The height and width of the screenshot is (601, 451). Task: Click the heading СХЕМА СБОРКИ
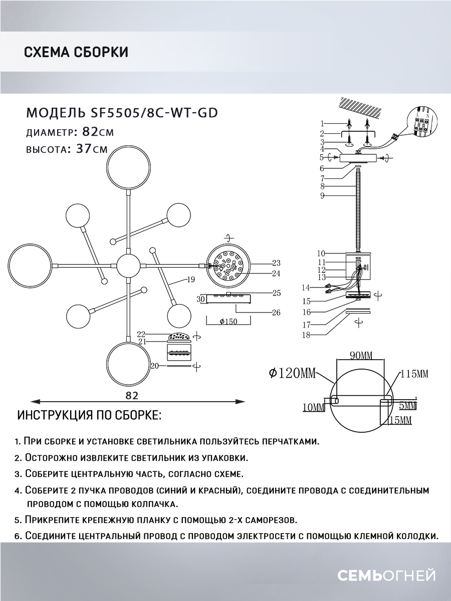[76, 52]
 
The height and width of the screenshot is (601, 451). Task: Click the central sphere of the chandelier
[129, 265]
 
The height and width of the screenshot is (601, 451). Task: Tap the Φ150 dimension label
[228, 322]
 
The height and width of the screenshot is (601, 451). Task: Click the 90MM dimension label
[361, 356]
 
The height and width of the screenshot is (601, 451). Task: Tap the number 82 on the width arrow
[132, 395]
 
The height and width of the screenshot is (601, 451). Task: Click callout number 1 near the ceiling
[323, 123]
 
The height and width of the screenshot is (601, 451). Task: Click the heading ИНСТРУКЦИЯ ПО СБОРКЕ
[89, 416]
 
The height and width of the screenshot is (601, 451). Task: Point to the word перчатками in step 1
[288, 441]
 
